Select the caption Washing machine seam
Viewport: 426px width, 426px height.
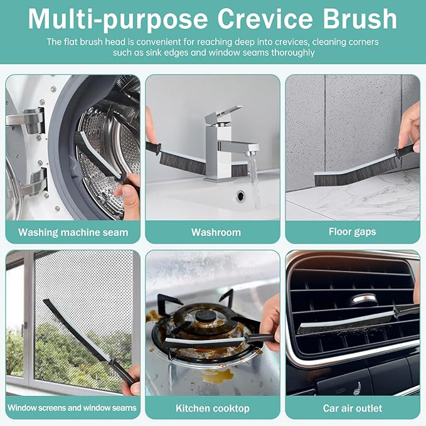(73, 232)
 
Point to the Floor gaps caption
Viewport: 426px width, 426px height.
(352, 232)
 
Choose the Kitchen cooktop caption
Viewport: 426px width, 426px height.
(213, 408)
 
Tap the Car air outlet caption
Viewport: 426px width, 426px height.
(352, 408)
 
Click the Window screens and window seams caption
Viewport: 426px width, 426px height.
(72, 408)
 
